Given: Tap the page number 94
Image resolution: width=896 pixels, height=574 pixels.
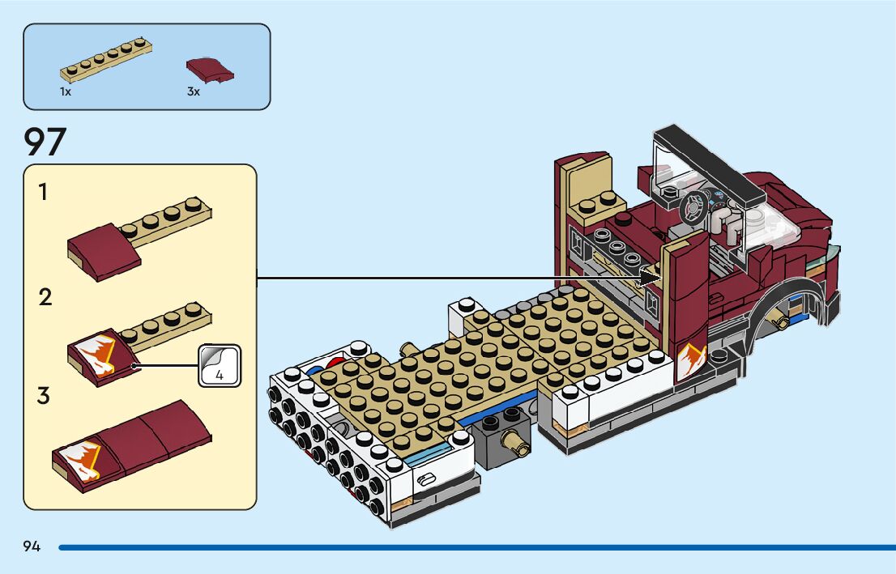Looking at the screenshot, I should [32, 546].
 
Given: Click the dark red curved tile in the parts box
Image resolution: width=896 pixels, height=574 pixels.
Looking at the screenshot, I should [210, 69].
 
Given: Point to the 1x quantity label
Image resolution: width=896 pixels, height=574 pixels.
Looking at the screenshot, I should [66, 92].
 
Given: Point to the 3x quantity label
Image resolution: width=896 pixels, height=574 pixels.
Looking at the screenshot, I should [193, 92].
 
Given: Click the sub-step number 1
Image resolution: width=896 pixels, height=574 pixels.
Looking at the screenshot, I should [43, 193].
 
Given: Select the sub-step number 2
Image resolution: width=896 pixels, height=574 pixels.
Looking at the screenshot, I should [45, 297].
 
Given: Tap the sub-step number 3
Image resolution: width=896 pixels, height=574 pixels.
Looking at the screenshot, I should [44, 397].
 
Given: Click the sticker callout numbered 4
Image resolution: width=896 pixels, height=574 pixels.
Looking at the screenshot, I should [220, 366].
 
